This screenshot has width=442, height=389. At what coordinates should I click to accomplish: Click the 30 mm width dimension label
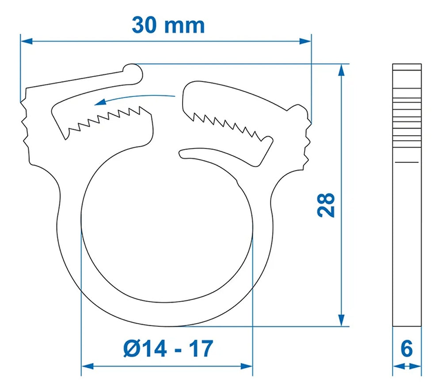[168, 25]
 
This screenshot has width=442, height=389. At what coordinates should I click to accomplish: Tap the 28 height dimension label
[326, 204]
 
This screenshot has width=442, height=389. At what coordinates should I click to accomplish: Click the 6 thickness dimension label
[407, 349]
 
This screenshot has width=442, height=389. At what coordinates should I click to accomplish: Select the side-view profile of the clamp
[407, 194]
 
